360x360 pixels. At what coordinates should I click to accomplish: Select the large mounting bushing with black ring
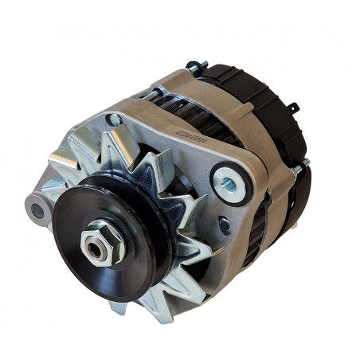coord(232,184)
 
